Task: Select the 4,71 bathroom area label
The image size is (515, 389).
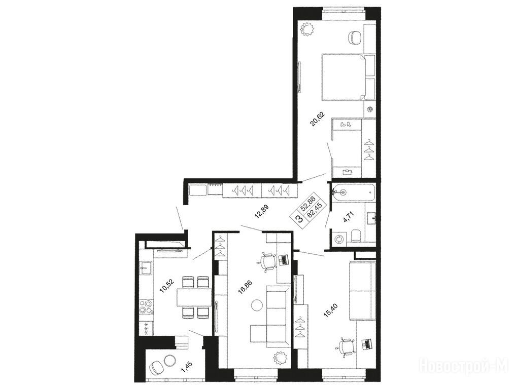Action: coord(348,218)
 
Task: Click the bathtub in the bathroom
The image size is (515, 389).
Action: coord(354,192)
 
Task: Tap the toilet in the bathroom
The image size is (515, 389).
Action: coord(356,236)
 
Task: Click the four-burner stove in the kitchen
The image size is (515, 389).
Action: coord(146,307)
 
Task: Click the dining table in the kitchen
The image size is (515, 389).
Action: coord(194,297)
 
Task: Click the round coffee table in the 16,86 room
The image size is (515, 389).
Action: coord(257,306)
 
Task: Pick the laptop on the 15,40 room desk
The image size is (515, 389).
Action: coord(366,344)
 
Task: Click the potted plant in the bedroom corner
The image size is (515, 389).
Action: coord(308,29)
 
